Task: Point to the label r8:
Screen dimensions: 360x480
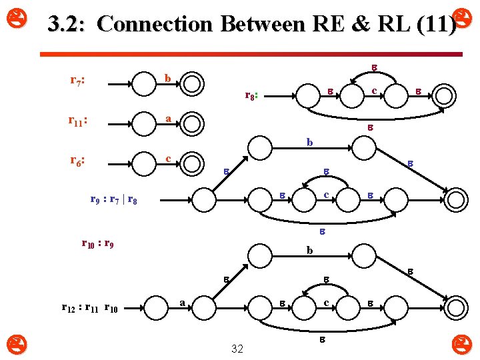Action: pyautogui.click(x=251, y=95)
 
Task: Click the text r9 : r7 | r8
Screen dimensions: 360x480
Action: pyautogui.click(x=114, y=199)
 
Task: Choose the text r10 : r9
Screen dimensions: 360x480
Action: pyautogui.click(x=97, y=244)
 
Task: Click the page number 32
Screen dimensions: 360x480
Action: pyautogui.click(x=237, y=348)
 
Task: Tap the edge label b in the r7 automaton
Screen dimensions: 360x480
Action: pyautogui.click(x=168, y=78)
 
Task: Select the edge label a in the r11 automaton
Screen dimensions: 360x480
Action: pyautogui.click(x=168, y=119)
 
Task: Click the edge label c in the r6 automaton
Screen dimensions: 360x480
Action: pyautogui.click(x=168, y=158)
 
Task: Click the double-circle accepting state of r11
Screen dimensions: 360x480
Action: pyautogui.click(x=192, y=124)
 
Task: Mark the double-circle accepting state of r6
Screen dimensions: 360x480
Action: pyautogui.click(x=192, y=163)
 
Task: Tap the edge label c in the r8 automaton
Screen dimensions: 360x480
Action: pyautogui.click(x=375, y=90)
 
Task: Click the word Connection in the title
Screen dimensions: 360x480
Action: pyautogui.click(x=155, y=25)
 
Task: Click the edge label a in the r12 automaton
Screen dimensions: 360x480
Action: pyautogui.click(x=181, y=303)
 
